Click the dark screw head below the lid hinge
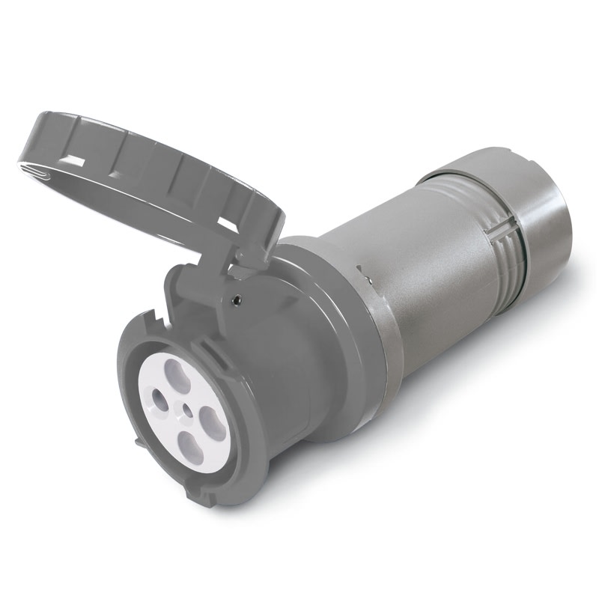point(237,300)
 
